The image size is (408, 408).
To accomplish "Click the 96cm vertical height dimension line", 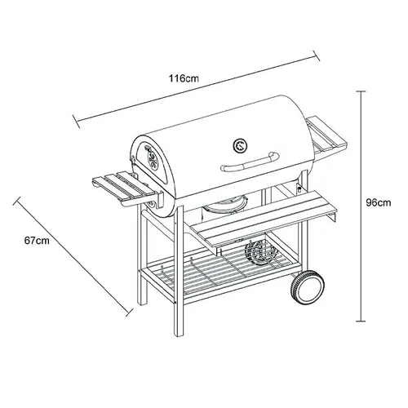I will tap(361, 204).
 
